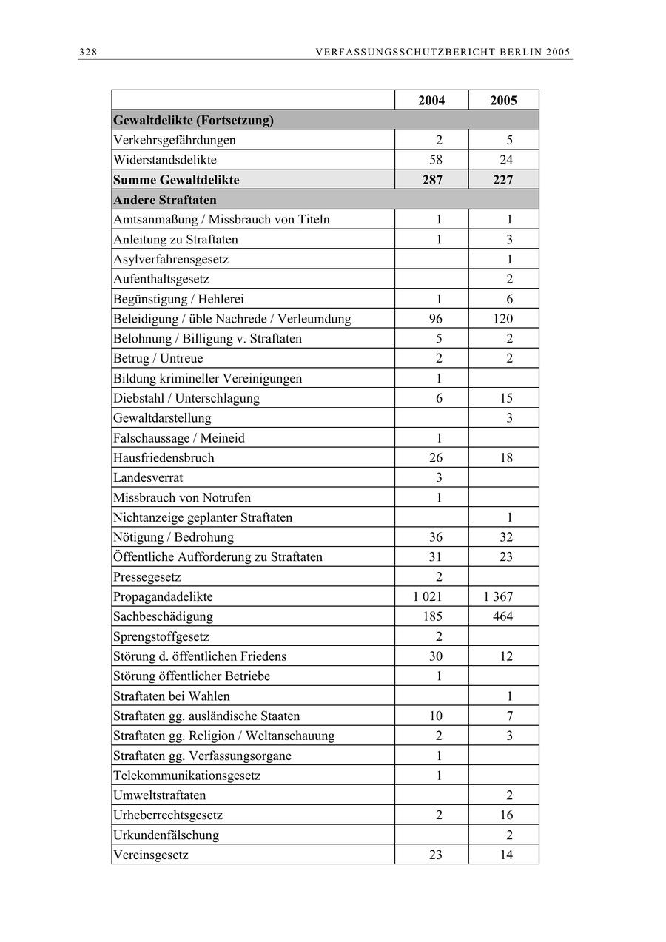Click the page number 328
88,52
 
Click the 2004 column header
431,101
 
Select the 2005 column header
503,101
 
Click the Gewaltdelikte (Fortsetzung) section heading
193,120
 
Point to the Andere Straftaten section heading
164,200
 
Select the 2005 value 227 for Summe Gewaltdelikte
503,180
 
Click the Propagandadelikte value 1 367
498,596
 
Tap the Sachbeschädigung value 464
502,616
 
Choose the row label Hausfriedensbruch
164,457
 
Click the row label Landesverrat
148,477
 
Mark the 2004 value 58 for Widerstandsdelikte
435,160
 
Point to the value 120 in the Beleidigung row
502,319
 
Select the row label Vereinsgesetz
151,855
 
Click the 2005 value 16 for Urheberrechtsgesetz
506,815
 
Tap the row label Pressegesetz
147,576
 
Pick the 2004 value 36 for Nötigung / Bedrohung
435,537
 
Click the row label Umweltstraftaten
159,795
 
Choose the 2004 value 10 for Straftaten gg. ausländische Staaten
435,716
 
